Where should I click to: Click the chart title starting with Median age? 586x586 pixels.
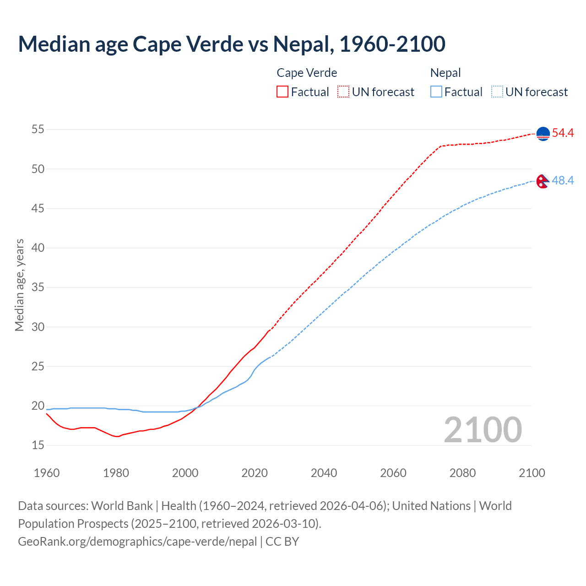(231, 44)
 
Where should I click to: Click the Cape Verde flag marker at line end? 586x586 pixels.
(543, 134)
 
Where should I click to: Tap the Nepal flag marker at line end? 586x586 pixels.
(543, 181)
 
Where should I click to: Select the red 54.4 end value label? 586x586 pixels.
(563, 133)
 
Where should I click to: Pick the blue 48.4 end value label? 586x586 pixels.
(563, 181)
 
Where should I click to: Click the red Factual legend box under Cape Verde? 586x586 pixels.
(282, 92)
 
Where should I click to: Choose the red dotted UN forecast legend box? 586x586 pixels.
(343, 92)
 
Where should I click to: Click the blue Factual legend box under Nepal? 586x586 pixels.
(436, 92)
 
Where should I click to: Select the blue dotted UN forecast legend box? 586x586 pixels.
(497, 92)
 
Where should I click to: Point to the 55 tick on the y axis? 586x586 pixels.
(38, 130)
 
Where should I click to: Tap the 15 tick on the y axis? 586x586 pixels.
(38, 445)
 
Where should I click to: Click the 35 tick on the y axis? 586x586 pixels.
(38, 288)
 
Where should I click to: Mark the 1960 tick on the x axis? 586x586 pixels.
(47, 473)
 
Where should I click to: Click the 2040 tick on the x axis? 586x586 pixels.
(324, 473)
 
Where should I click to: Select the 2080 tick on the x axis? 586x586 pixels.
(462, 473)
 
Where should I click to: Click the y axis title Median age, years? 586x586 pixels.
(19, 285)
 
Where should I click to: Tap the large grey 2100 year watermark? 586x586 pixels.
(483, 429)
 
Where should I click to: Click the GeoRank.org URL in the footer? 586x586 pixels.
(137, 542)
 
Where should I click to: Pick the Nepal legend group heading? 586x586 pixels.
(445, 73)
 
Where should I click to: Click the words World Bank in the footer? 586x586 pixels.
(122, 506)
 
